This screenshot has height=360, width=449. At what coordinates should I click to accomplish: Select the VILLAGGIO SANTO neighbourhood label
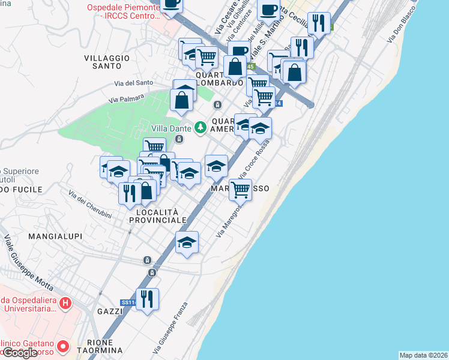(107, 62)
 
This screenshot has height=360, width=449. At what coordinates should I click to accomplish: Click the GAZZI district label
(110, 311)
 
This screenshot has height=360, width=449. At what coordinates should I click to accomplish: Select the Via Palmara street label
(127, 98)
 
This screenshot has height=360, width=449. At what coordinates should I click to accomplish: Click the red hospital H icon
(67, 305)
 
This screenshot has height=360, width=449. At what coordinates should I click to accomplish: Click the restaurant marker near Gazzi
(147, 298)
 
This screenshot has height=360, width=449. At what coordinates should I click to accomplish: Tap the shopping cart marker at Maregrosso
(240, 190)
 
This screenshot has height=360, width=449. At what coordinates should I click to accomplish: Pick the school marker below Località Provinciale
(187, 242)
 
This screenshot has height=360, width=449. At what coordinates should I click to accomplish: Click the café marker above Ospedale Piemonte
(171, 4)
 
